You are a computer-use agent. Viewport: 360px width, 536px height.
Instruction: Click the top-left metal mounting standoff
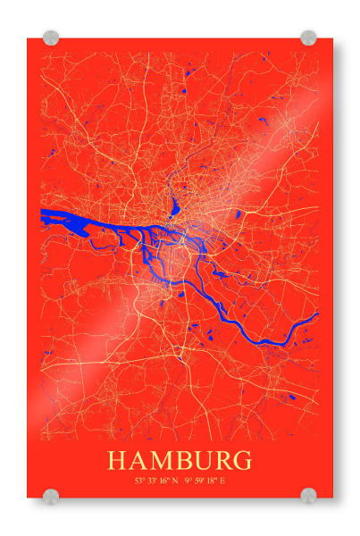pos(51,38)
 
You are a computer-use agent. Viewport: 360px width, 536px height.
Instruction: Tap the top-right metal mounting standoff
pos(308,38)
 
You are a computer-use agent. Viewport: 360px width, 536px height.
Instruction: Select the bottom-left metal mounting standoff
pos(51,496)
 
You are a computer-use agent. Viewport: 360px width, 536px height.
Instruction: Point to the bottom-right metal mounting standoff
pos(308,496)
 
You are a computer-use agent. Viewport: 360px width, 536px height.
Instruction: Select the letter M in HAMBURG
pos(158,461)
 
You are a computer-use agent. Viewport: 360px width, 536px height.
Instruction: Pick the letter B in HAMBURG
pos(180,461)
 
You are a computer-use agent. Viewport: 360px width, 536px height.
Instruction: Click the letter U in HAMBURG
pos(199,461)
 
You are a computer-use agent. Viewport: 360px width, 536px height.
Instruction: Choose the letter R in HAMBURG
pos(220,461)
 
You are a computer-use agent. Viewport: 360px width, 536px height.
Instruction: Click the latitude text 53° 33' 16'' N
pos(156,482)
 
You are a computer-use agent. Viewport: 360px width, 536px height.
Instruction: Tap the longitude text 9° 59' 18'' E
pos(205,482)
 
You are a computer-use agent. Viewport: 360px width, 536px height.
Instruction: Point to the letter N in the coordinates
pos(175,482)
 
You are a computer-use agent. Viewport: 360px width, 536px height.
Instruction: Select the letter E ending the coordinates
pos(222,482)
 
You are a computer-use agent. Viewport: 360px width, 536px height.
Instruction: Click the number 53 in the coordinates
pos(139,482)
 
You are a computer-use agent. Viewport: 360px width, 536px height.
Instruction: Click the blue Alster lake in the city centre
pos(174,210)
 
